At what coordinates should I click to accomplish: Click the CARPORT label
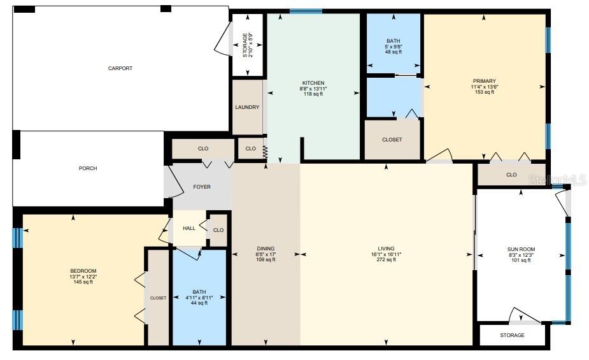[x=120, y=68]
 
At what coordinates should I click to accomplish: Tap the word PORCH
[x=88, y=168]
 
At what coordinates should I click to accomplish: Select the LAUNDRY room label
[x=247, y=107]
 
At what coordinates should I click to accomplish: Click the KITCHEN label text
[x=313, y=83]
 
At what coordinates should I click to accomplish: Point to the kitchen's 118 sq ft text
[x=313, y=94]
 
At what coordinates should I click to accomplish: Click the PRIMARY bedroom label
[x=485, y=81]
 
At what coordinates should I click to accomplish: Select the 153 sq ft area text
[x=485, y=92]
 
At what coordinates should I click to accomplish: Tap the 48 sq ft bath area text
[x=393, y=52]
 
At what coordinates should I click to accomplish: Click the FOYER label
[x=202, y=187]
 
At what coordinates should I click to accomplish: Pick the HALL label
[x=189, y=228]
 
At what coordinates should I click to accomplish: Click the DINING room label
[x=266, y=248]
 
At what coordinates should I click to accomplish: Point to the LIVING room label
[x=386, y=248]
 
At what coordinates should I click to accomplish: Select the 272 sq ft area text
[x=386, y=259]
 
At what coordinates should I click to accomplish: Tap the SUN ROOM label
[x=522, y=249]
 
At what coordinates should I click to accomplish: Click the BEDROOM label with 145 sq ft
[x=83, y=271]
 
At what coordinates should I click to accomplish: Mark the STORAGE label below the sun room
[x=512, y=335]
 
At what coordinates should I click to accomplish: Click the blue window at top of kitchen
[x=306, y=11]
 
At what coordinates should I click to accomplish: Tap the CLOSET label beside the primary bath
[x=392, y=140]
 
